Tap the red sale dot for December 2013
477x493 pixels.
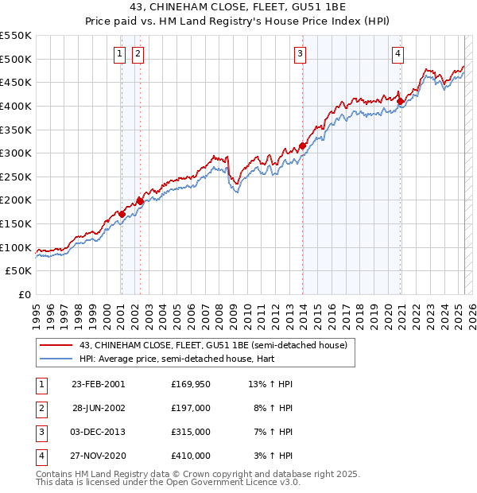[x=303, y=146]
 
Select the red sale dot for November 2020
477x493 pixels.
[x=400, y=101]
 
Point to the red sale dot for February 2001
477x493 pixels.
[x=122, y=214]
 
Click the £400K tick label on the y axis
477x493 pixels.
[x=16, y=106]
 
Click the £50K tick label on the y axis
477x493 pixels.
[x=19, y=271]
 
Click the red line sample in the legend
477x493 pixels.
[x=56, y=346]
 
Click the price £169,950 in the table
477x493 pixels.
[x=190, y=384]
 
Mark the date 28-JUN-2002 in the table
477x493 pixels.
[x=99, y=408]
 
